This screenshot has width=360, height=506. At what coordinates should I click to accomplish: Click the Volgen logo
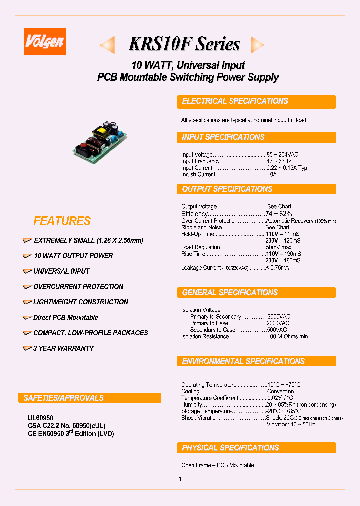pyautogui.click(x=45, y=41)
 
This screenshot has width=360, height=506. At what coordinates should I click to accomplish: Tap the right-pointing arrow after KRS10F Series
pyautogui.click(x=257, y=45)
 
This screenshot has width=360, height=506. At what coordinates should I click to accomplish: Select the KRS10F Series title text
pyautogui.click(x=184, y=44)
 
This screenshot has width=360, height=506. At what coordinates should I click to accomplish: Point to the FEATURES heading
pyautogui.click(x=62, y=221)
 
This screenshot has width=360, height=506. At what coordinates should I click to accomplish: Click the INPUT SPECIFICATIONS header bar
pyautogui.click(x=256, y=137)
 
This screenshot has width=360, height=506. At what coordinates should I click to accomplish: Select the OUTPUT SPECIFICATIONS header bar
pyautogui.click(x=256, y=189)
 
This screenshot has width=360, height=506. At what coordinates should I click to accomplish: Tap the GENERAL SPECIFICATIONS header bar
pyautogui.click(x=256, y=293)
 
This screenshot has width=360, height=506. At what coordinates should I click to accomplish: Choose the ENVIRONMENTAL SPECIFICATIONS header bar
pyautogui.click(x=256, y=361)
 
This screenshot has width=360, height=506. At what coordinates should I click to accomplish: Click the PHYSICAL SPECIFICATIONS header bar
pyautogui.click(x=256, y=448)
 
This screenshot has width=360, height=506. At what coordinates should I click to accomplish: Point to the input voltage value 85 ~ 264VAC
pyautogui.click(x=282, y=155)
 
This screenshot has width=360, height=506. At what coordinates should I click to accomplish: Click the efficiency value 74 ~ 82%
pyautogui.click(x=279, y=214)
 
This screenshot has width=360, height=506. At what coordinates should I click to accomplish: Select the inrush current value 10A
pyautogui.click(x=272, y=174)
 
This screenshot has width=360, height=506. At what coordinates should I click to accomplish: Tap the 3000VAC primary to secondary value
pyautogui.click(x=279, y=317)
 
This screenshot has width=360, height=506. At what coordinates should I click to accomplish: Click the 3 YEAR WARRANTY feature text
pyautogui.click(x=63, y=348)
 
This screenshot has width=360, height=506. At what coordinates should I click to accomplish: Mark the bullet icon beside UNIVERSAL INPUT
pyautogui.click(x=27, y=271)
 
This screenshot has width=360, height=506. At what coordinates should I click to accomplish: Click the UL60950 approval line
pyautogui.click(x=40, y=418)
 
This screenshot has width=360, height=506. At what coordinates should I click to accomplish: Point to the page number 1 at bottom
pyautogui.click(x=180, y=479)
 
